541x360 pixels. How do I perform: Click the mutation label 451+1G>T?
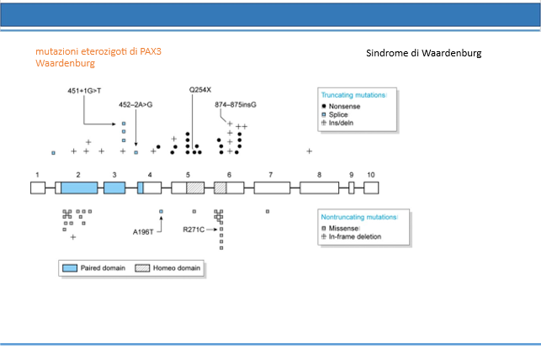(x=84, y=91)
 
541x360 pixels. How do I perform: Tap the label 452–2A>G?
(x=135, y=104)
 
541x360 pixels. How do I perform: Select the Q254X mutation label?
(x=200, y=90)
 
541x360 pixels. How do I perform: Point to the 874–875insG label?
(x=236, y=104)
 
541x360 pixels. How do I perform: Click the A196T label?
(x=143, y=232)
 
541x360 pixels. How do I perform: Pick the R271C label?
(x=194, y=230)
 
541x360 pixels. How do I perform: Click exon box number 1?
(x=38, y=188)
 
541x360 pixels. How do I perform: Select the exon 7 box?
(x=273, y=188)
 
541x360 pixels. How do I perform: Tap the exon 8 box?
(x=320, y=188)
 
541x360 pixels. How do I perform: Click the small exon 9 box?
(x=351, y=188)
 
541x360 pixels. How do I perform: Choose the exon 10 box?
(x=371, y=188)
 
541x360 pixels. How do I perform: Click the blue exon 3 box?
(x=114, y=188)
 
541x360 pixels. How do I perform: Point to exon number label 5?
(x=188, y=175)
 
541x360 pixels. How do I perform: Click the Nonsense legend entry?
(x=341, y=106)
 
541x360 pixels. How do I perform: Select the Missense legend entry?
(x=340, y=228)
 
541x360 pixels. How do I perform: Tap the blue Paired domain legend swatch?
(x=70, y=268)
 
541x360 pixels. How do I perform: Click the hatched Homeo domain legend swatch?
(x=142, y=268)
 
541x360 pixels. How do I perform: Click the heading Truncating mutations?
(x=353, y=95)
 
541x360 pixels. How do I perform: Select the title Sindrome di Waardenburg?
(x=424, y=53)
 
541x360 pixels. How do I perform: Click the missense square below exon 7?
(x=268, y=211)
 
